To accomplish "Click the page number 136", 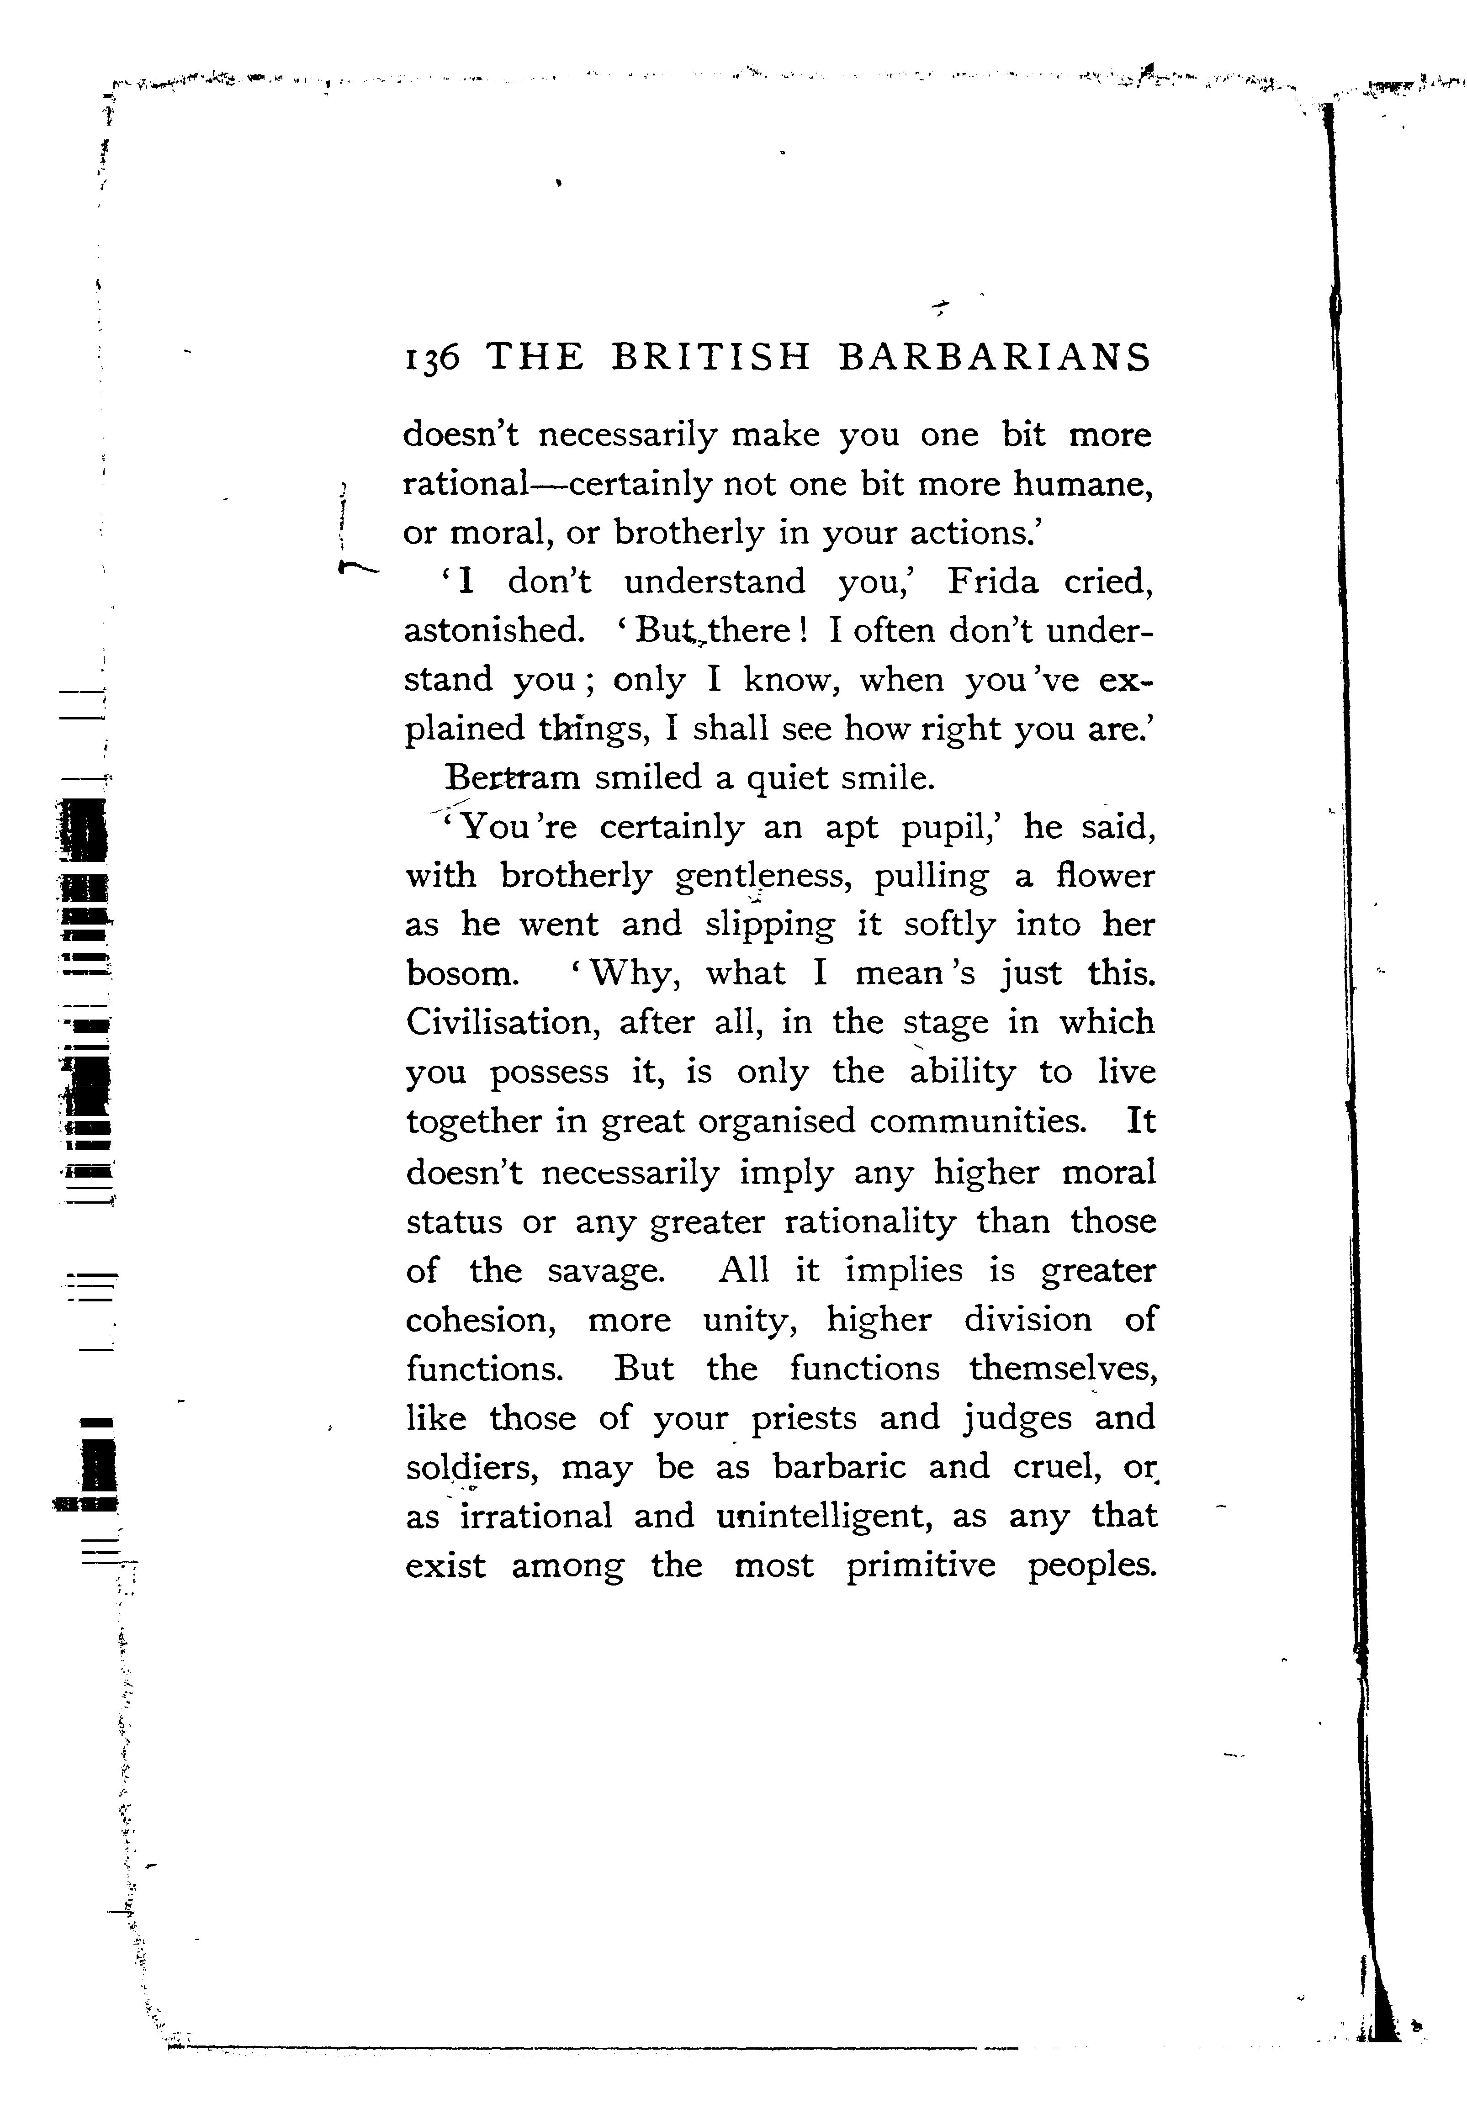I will pos(430,357).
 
